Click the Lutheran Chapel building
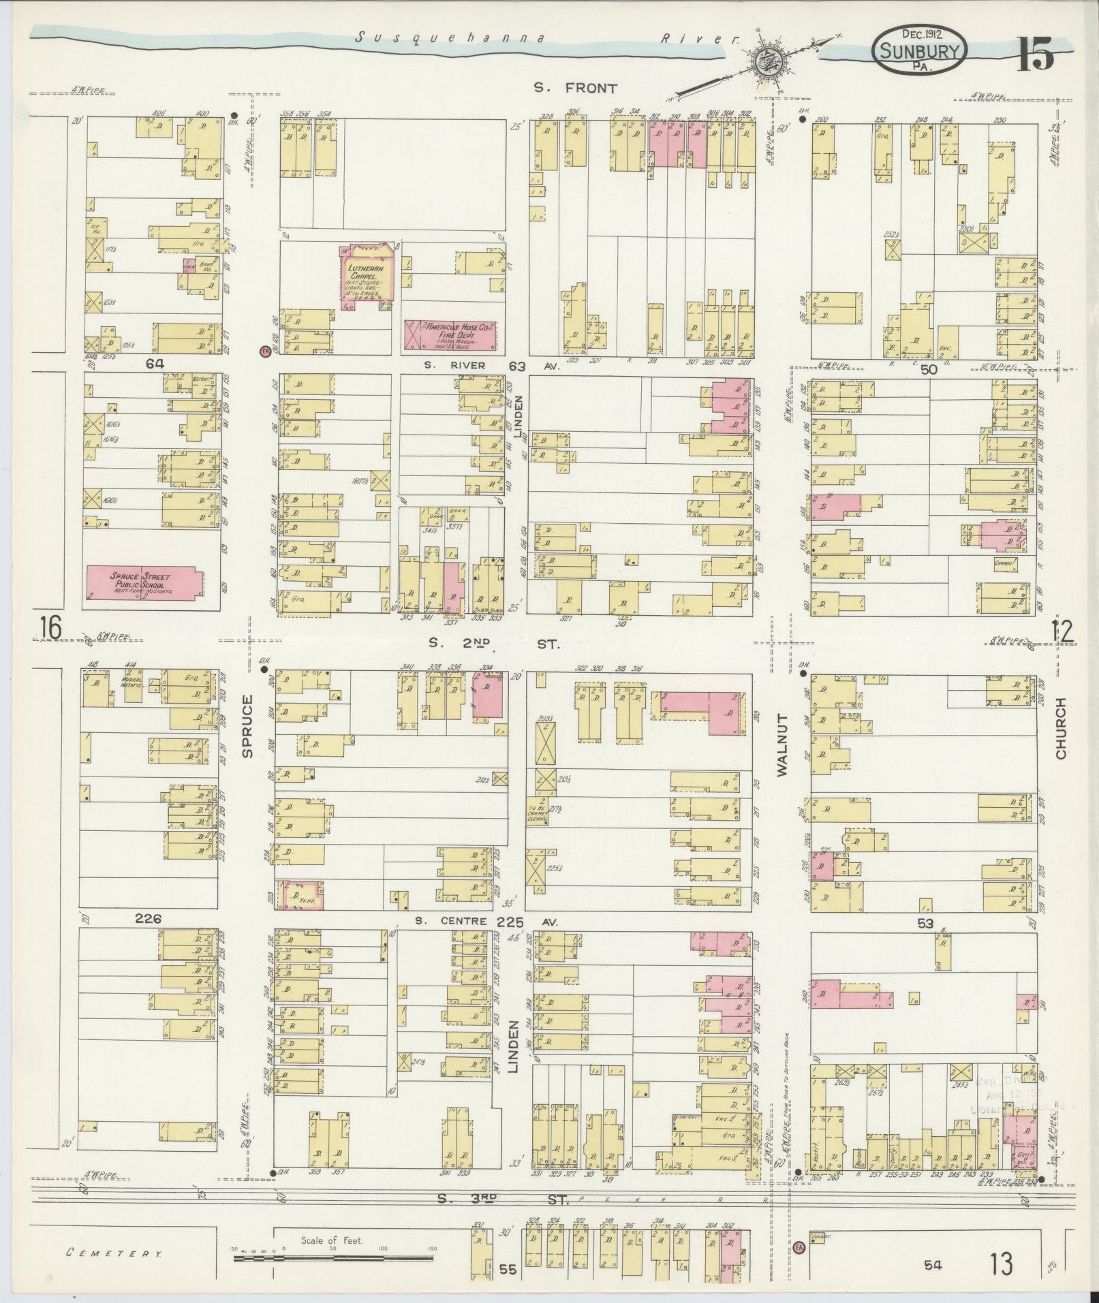click(366, 279)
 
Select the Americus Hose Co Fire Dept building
click(450, 334)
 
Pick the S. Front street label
click(575, 88)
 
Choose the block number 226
click(148, 919)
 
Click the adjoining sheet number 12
click(1062, 632)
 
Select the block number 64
click(155, 364)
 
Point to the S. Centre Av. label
click(486, 922)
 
